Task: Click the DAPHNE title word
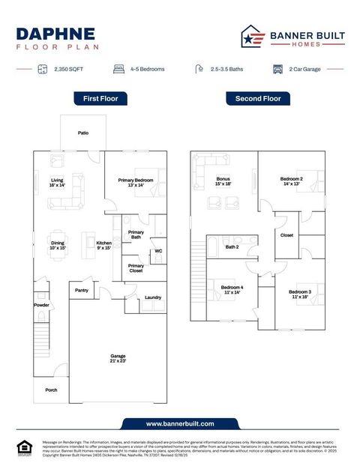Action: coord(55,33)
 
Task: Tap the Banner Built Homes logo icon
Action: coord(252,37)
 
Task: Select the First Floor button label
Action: coord(100,98)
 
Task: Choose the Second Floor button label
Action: coord(258,98)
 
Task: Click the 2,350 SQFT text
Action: coord(68,69)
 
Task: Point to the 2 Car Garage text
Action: coord(305,69)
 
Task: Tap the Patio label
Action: coord(83,133)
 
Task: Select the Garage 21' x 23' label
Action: coord(118,358)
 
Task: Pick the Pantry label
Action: coord(83,289)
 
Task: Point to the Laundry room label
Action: coord(153,298)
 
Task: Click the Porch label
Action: coord(51,390)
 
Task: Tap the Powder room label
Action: coord(41,305)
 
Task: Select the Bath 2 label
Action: coord(232,246)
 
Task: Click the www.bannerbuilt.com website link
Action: coord(180,423)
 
